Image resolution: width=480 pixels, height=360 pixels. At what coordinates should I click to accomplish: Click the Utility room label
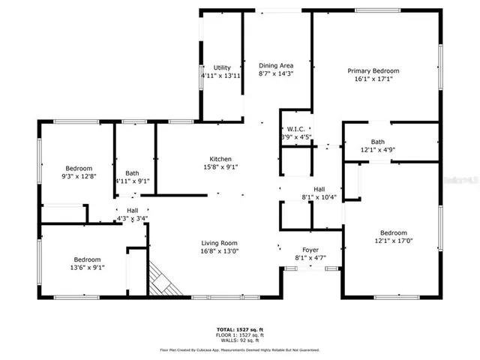[x=221, y=67]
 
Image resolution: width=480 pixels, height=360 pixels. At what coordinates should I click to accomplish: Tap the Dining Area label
[x=274, y=64]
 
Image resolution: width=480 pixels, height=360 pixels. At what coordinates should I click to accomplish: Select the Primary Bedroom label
[x=373, y=70]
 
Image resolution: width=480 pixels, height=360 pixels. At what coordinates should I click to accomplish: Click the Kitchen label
[x=220, y=159]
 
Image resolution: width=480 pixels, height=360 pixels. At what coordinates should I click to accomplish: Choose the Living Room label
[x=219, y=242]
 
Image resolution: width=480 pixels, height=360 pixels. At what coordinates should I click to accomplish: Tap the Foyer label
[x=310, y=250]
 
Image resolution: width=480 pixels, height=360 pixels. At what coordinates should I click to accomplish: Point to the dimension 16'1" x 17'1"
[x=373, y=79]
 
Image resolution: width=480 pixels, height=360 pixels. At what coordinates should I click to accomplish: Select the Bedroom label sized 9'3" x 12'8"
[x=78, y=168]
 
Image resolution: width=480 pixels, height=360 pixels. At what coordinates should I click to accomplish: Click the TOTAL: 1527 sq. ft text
[x=239, y=329]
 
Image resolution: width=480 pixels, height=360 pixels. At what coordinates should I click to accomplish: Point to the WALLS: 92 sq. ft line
[x=239, y=340]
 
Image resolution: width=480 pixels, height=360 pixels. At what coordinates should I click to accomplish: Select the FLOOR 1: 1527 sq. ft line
[x=239, y=334]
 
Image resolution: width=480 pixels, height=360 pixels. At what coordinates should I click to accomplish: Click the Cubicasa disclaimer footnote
[x=239, y=349]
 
